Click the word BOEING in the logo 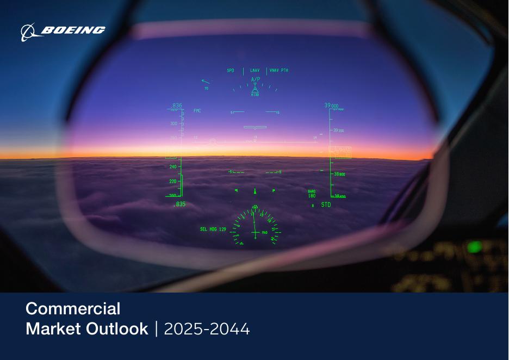point(73,30)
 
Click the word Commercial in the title point(73,309)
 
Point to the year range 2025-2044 point(207,329)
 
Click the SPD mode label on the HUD point(231,71)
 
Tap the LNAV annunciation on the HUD point(255,71)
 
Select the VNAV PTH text point(279,71)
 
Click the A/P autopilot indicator point(255,79)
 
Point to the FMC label point(197,111)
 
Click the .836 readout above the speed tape point(176,105)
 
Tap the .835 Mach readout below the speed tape point(179,204)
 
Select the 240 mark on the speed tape point(173,167)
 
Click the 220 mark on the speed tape point(173,181)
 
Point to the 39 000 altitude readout point(331,105)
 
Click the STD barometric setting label point(326,204)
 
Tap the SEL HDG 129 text point(213,229)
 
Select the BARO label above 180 point(312,191)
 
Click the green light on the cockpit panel point(474,247)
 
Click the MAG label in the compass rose point(265,233)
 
